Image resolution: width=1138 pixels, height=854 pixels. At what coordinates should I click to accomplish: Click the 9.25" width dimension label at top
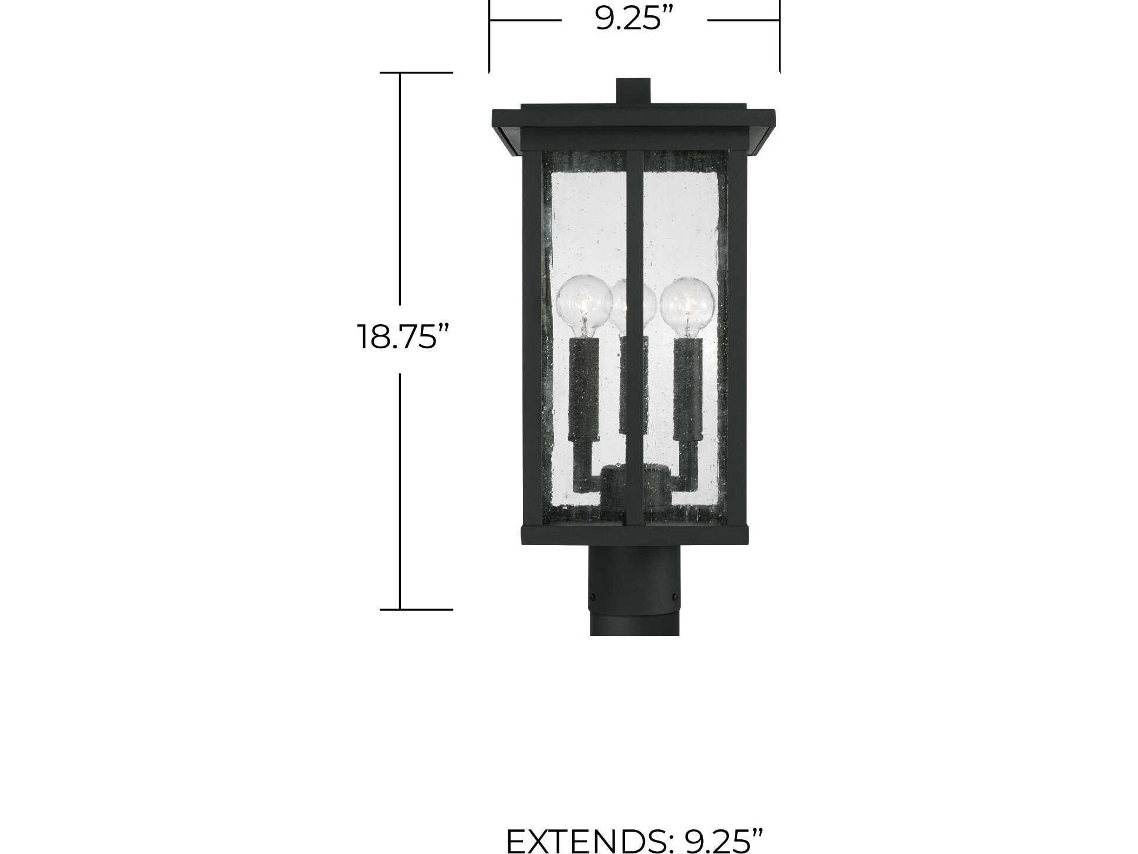pos(634,19)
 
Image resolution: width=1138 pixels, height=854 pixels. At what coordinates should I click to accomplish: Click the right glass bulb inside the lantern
pos(688,305)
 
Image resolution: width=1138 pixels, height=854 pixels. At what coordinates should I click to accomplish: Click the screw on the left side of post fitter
pos(593,597)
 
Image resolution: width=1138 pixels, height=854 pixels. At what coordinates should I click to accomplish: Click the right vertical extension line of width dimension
pos(779,35)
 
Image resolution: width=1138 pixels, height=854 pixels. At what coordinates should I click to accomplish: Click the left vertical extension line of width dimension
pos(489,35)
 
